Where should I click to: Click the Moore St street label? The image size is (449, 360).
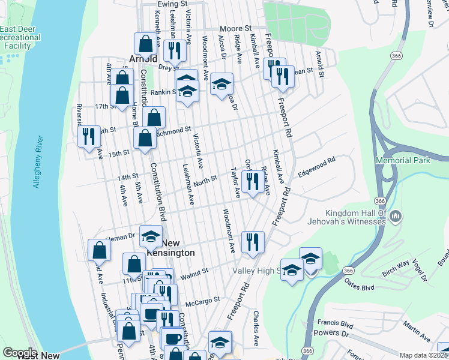point(235,28)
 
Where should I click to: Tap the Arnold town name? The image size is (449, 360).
point(143,59)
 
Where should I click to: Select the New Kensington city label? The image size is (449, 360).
point(171,248)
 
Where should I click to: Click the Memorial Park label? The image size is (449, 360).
point(403,160)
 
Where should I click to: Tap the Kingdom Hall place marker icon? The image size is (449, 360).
point(396,216)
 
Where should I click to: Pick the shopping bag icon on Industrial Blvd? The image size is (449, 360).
point(99,250)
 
